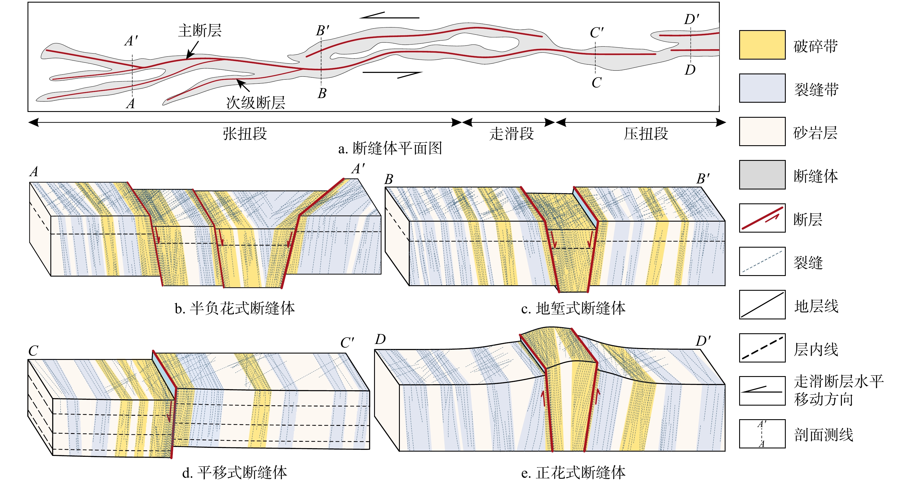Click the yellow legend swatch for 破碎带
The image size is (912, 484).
coord(762,45)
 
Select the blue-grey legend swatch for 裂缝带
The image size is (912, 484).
coord(762,88)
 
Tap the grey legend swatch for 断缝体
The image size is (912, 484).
coord(762,175)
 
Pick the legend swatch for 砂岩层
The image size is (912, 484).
coord(762,132)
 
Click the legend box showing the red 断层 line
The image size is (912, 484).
coord(762,218)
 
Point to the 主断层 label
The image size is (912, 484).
coord(200,31)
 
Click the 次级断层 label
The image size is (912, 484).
coord(256,103)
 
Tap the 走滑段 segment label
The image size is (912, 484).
coord(511,134)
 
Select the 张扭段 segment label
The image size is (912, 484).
coord(245,134)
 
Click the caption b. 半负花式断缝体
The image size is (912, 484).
coord(235,308)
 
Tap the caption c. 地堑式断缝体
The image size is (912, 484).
coord(573,308)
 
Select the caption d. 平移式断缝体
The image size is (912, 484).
coord(235,473)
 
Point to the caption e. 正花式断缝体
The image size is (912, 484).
coord(573,473)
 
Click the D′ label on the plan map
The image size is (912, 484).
coord(691,19)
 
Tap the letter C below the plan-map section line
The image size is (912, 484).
coord(596,83)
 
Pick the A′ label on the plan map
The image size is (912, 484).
coord(131,41)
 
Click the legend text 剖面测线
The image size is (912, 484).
coord(823,435)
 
